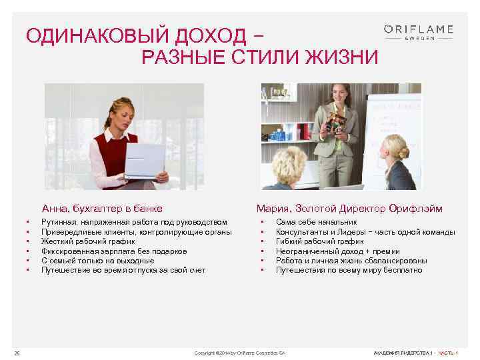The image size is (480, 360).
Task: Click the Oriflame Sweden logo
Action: coord(419,32)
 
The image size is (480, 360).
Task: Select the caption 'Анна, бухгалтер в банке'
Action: coord(102,208)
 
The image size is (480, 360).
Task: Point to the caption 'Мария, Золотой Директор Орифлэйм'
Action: coord(349,208)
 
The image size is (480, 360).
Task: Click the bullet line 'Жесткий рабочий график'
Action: coord(88,241)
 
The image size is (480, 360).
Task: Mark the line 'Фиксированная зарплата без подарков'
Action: coord(113,251)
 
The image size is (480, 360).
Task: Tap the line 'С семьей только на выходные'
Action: coord(97,261)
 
